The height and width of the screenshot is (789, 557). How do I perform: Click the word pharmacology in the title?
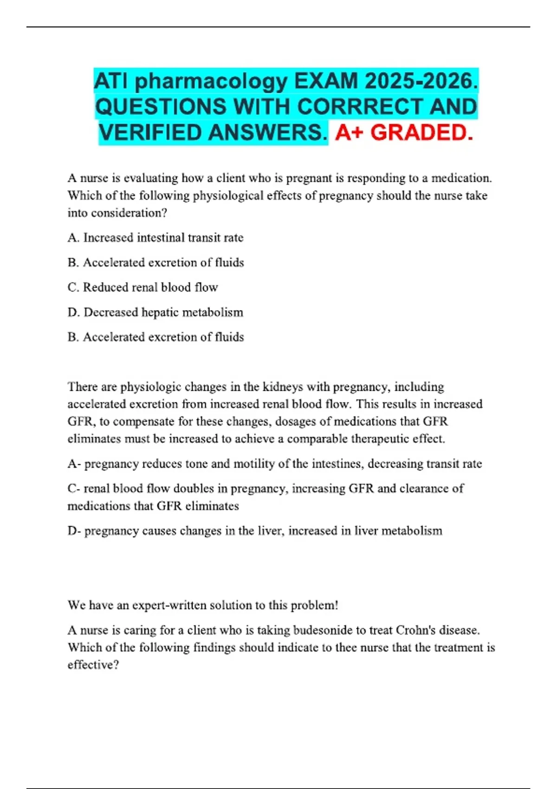click(x=211, y=82)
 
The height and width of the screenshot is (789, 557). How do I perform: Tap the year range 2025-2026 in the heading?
click(x=421, y=82)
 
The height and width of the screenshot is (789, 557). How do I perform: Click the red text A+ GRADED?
click(x=404, y=133)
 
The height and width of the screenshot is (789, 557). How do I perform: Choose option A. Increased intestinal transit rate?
click(x=155, y=238)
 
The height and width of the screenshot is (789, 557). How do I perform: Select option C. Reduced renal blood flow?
click(x=143, y=287)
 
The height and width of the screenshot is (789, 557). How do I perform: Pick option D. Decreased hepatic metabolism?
click(x=155, y=312)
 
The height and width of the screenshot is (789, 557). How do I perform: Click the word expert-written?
click(x=169, y=605)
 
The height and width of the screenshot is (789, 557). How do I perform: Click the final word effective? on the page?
click(x=93, y=665)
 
